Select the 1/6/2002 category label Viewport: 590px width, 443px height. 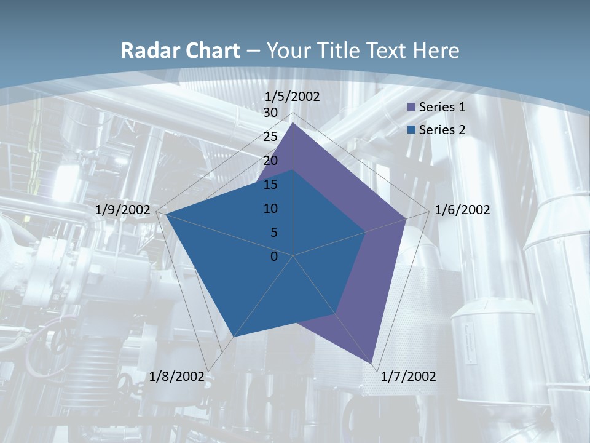462,210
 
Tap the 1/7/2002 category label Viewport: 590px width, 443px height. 408,377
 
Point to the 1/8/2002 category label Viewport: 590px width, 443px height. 177,377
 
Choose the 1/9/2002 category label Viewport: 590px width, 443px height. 123,210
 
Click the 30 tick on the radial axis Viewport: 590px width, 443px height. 270,113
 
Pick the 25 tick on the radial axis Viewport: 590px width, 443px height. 270,137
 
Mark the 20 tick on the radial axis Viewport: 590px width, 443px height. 270,161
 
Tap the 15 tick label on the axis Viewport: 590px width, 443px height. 270,185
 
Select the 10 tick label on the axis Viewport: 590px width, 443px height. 270,209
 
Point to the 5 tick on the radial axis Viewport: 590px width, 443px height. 273,233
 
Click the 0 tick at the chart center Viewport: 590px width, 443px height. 274,257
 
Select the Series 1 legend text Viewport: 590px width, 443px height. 442,107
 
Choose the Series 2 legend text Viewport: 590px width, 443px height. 442,130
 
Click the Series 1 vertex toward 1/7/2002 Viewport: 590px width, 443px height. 372,363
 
